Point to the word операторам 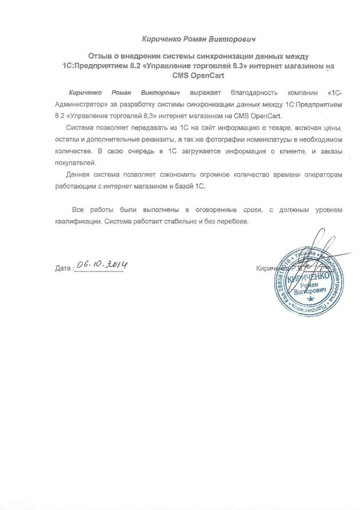pyautogui.click(x=322, y=175)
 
